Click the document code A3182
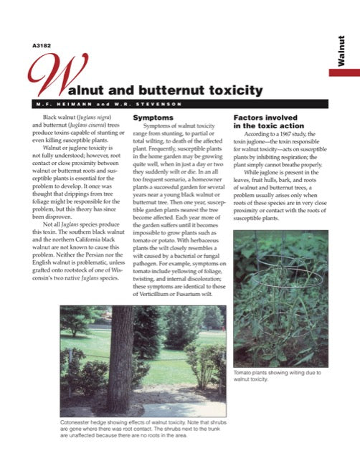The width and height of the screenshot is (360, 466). click(x=40, y=47)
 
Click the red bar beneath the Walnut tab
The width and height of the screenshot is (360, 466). click(x=344, y=72)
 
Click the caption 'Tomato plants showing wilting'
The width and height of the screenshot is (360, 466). click(x=277, y=375)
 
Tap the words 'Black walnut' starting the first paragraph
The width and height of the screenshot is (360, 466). click(x=62, y=116)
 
